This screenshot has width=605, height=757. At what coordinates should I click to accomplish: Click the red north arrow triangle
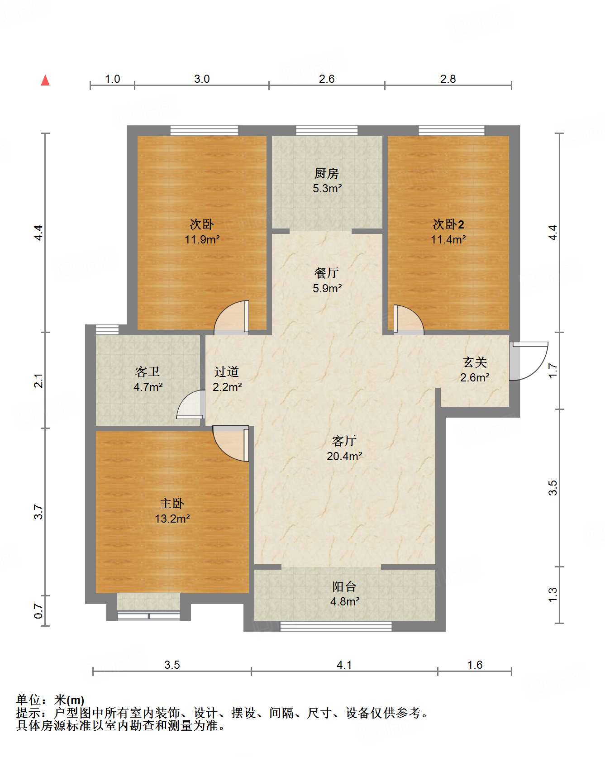tap(45, 81)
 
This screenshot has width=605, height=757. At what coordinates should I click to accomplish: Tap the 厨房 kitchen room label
tap(327, 173)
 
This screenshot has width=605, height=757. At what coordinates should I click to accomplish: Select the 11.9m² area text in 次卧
tap(202, 239)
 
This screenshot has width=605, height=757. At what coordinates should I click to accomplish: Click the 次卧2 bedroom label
tap(448, 224)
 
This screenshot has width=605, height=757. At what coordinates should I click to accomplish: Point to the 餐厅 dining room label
tap(327, 273)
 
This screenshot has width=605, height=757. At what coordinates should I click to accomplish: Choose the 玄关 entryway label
tap(475, 362)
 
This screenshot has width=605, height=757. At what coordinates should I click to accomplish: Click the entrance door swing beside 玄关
tap(529, 361)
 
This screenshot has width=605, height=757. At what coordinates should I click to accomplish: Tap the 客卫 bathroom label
tap(148, 371)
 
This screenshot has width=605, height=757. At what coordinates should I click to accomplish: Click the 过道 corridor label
tap(227, 371)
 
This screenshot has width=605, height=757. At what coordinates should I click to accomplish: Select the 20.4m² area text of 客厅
tap(344, 456)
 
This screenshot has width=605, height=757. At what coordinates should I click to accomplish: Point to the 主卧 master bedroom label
tap(172, 503)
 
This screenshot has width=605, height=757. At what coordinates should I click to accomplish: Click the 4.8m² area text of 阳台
tap(345, 601)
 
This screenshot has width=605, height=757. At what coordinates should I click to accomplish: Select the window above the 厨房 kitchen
tap(327, 131)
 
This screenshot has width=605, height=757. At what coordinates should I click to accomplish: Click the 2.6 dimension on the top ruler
tap(327, 79)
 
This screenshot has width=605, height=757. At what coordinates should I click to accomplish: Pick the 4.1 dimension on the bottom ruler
tap(344, 665)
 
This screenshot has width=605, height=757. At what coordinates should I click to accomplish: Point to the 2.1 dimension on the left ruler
tap(39, 380)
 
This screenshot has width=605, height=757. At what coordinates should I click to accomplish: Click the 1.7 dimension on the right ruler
tap(553, 370)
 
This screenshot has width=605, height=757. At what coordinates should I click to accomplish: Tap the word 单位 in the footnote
tap(28, 700)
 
